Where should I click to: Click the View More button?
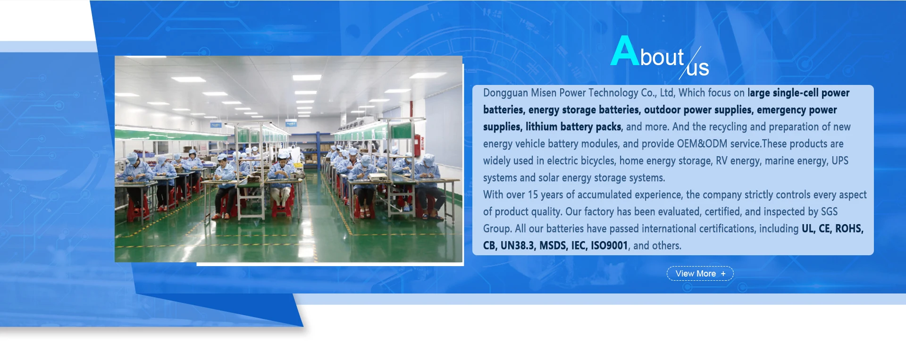(x=700, y=274)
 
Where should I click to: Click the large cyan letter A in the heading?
(x=625, y=50)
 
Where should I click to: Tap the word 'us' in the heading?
(x=698, y=69)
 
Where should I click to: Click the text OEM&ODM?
(x=702, y=143)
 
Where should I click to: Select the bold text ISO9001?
(x=609, y=245)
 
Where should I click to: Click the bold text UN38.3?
(x=518, y=245)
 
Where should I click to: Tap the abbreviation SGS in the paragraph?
(x=829, y=211)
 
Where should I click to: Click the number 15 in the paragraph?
(x=533, y=194)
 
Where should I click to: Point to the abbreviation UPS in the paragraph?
(x=840, y=160)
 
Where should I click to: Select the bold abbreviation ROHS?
(x=849, y=228)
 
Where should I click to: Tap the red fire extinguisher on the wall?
(x=417, y=142)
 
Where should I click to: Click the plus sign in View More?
(x=723, y=274)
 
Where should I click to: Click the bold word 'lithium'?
(x=541, y=126)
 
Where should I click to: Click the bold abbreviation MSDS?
(x=553, y=245)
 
